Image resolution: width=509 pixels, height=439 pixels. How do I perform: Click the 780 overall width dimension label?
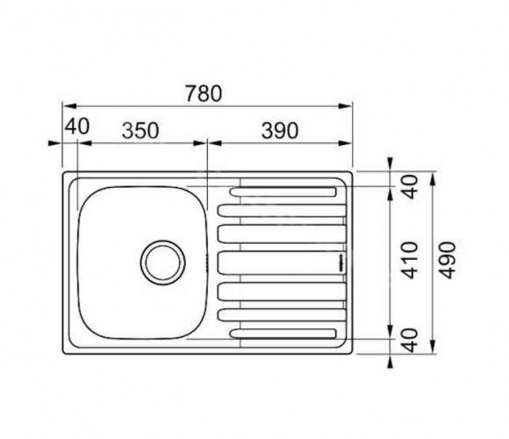pos(204,94)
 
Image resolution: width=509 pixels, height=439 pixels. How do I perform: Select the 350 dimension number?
pos(140,131)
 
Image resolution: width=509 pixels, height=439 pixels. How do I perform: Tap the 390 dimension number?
pos(280,131)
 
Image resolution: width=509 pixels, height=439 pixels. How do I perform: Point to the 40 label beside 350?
pos(76,126)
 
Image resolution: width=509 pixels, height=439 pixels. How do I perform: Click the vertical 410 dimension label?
pos(410,260)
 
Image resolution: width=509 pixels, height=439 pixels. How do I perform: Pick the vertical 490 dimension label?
pos(448,260)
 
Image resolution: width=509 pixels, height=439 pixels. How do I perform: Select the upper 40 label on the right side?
pos(410,187)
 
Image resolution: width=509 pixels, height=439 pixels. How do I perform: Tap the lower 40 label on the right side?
pos(410,341)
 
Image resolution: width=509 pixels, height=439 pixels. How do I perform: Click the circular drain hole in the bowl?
pos(163,263)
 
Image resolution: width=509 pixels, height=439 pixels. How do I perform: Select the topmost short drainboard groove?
pos(283,192)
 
